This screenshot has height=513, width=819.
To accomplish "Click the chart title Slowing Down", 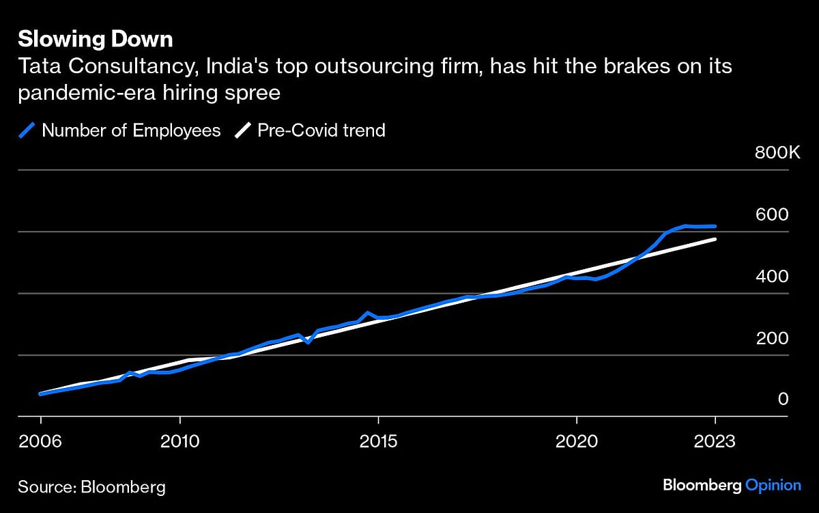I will click(95, 40).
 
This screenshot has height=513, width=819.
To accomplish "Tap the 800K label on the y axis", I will click(777, 153).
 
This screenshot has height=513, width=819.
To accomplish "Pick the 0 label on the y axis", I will click(784, 400).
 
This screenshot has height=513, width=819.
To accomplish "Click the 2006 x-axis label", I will click(40, 441).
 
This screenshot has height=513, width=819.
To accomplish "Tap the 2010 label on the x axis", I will click(179, 441).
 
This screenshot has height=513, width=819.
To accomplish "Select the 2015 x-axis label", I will click(378, 441).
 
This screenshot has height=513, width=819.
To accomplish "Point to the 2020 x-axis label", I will click(577, 441).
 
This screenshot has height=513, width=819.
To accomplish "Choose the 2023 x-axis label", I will click(715, 441).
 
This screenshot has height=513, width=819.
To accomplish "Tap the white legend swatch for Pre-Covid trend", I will click(242, 130).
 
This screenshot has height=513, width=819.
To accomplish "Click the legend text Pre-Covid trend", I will click(321, 130).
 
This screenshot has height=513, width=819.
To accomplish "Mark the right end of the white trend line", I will click(715, 239).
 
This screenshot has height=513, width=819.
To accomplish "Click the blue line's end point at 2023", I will click(715, 226).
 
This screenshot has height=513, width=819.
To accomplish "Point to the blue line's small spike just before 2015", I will click(368, 313).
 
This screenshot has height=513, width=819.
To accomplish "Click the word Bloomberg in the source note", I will click(123, 487).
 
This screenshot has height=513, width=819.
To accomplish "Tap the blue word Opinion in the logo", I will click(773, 485).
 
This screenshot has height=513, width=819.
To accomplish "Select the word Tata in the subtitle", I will click(38, 67).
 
